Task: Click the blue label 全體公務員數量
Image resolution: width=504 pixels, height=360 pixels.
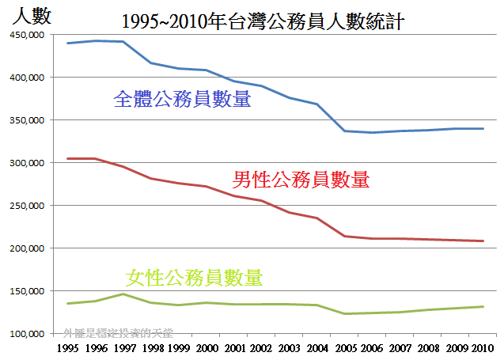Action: click(x=183, y=100)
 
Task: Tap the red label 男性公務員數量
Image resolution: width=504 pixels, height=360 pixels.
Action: click(x=301, y=180)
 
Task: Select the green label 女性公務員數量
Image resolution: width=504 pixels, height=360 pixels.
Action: click(x=194, y=277)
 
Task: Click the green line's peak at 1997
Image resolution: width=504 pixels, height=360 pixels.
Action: click(x=123, y=294)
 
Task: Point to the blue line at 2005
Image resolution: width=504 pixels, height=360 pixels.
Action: click(x=344, y=131)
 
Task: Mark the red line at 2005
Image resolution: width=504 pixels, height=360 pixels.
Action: click(x=344, y=236)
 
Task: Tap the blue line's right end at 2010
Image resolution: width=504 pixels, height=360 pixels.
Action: click(x=483, y=128)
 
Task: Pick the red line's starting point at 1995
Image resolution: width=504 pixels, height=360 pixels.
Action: click(x=68, y=159)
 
